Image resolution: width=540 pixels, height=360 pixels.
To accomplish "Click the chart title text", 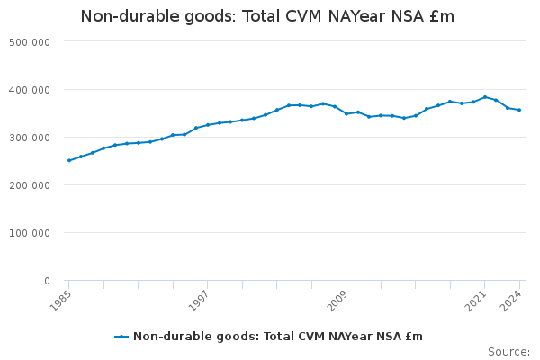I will pos(267,16).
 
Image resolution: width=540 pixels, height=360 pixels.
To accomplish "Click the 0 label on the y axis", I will pos(46,281).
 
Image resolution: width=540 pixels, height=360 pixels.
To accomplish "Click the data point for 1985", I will pos(68,160).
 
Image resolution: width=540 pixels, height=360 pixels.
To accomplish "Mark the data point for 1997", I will pos(207,125).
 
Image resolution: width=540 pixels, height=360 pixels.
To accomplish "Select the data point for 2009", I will pos(346,114).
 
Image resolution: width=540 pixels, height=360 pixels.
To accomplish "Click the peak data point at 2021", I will pos(485,97).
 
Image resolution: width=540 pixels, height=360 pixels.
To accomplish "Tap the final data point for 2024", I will pos(519,110).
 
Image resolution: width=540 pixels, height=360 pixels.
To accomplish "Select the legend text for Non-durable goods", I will pos(278,337).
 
